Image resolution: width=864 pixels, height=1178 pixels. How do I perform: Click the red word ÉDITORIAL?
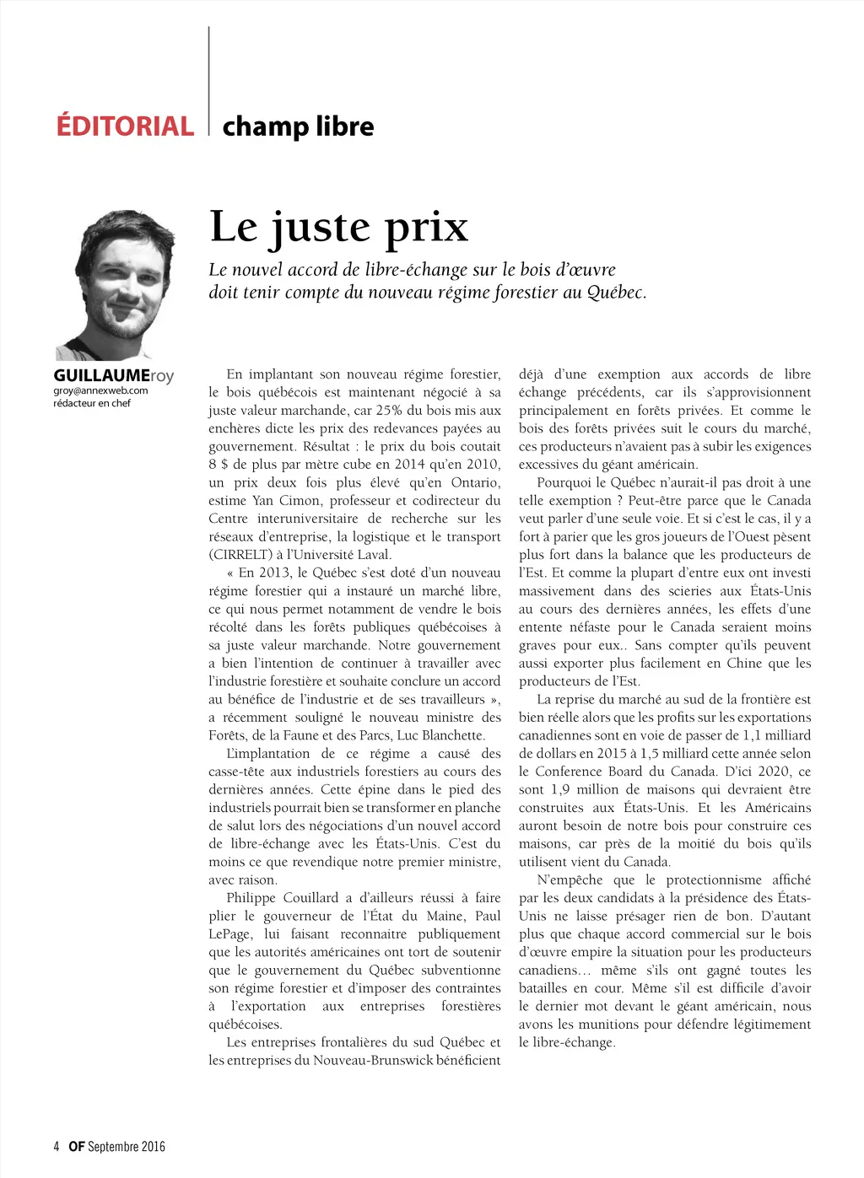[125, 126]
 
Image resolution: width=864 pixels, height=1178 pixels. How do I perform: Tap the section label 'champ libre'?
[298, 126]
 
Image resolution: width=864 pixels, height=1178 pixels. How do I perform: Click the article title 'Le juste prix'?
[338, 226]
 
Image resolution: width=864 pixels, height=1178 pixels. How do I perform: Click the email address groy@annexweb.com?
[100, 390]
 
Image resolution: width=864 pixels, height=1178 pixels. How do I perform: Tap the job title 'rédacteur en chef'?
[92, 403]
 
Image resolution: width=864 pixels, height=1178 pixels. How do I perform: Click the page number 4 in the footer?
[57, 1146]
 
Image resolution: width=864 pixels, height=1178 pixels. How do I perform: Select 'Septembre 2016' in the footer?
[127, 1146]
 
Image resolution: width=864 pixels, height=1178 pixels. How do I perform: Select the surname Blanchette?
[453, 735]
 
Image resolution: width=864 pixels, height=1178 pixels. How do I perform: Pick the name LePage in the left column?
[229, 934]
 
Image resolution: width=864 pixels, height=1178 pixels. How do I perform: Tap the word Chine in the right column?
[744, 664]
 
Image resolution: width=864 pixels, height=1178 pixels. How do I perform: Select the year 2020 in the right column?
[773, 772]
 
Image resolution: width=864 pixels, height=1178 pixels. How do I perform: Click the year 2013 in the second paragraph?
[274, 573]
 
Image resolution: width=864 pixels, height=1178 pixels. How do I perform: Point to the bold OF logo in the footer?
[77, 1146]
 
